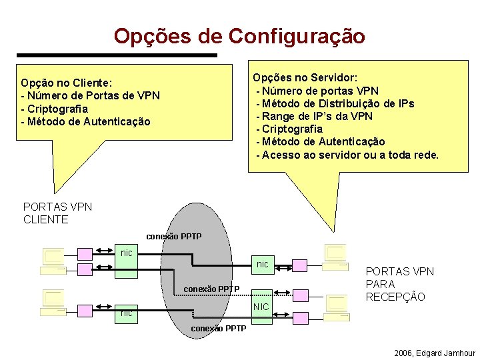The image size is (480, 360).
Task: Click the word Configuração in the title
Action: tap(297, 35)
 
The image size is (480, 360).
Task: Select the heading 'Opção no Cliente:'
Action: tap(66, 83)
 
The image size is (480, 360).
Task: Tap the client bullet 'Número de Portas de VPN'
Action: tap(93, 95)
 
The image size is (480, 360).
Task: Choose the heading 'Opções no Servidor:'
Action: tap(305, 77)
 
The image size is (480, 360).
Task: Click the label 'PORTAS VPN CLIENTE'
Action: tap(57, 213)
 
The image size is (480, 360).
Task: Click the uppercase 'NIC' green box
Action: tap(262, 306)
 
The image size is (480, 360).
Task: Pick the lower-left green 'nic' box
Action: tap(126, 311)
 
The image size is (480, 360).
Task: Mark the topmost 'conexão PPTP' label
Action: tap(173, 237)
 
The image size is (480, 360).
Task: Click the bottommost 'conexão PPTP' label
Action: tap(218, 329)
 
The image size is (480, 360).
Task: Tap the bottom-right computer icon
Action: tap(335, 306)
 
